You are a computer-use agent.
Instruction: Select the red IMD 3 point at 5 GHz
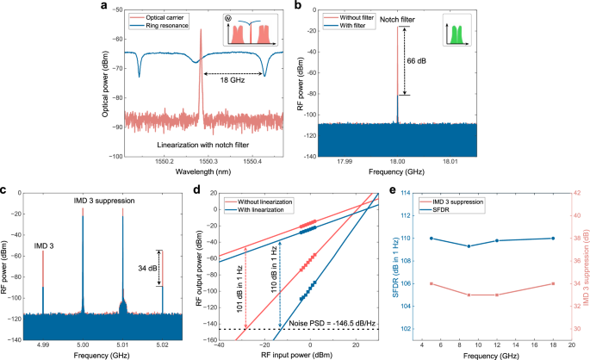pyautogui.click(x=431, y=283)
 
